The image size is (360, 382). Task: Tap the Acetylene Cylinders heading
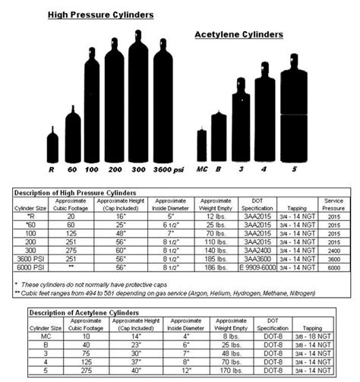(x=238, y=34)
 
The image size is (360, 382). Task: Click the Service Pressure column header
(x=335, y=204)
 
